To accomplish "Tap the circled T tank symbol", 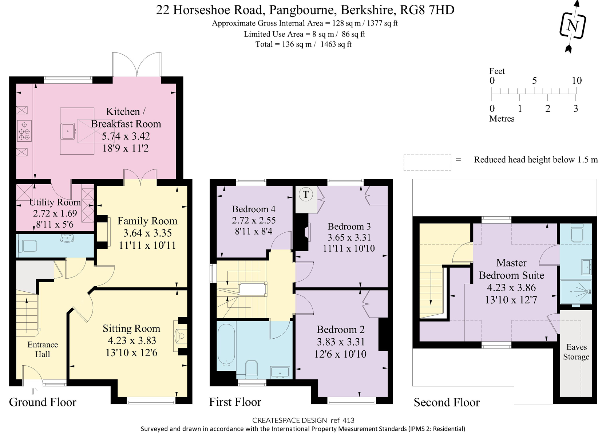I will point(306,194).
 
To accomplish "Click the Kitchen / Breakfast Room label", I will point(126,118).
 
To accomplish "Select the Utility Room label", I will point(55,202).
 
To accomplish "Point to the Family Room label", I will point(147,221).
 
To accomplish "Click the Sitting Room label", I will point(131,328).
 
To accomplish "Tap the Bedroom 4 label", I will point(254,209).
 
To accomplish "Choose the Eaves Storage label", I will point(576,352).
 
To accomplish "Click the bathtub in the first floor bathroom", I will point(226,344).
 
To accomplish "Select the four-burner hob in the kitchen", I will point(24,131).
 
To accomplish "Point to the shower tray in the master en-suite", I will point(576,292).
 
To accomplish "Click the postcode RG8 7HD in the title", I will point(427,10).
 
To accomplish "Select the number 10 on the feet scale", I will point(577,80).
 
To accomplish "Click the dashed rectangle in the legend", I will point(427,162).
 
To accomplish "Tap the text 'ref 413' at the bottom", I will point(342,420).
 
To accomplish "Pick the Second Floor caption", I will point(447,402).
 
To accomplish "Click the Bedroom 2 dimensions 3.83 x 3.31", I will point(340,342).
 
